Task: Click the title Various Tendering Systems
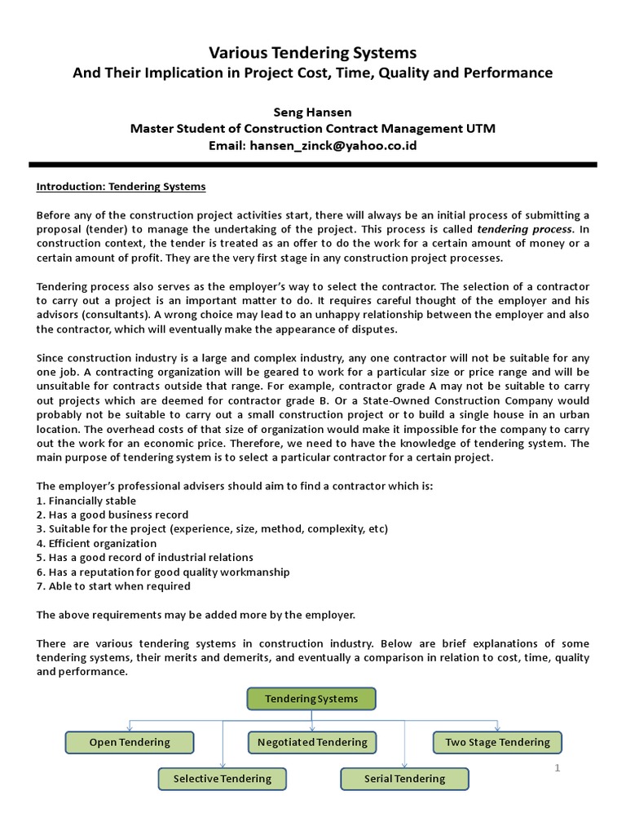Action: [x=312, y=53]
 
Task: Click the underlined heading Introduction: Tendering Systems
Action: [x=121, y=187]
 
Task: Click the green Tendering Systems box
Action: [x=311, y=699]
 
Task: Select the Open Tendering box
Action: [x=130, y=742]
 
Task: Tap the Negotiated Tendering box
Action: [x=312, y=742]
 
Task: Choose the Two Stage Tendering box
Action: [x=497, y=742]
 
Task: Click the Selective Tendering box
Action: [x=222, y=779]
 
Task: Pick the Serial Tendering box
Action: [x=404, y=779]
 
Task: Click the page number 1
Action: [x=558, y=768]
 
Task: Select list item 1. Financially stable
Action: [x=86, y=501]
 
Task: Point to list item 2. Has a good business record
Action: [x=112, y=515]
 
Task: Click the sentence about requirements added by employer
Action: [x=196, y=614]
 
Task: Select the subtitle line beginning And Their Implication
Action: [x=312, y=73]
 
